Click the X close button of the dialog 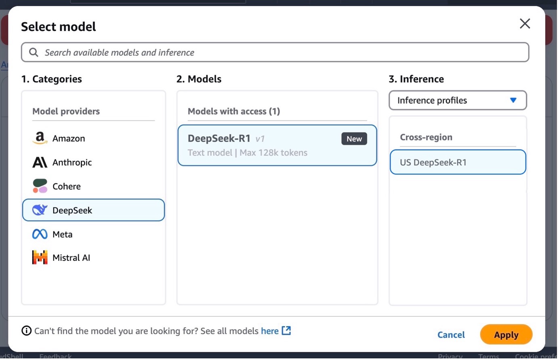[525, 24]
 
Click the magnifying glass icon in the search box [34, 52]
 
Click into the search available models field [275, 52]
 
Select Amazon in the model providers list [69, 138]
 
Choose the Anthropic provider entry [72, 162]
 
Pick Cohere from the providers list [67, 186]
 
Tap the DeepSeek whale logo [40, 210]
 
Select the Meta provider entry [63, 234]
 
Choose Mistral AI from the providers [71, 257]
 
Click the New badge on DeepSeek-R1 [354, 138]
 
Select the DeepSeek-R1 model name [219, 138]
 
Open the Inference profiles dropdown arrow [513, 100]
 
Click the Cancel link [451, 335]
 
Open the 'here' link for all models [270, 331]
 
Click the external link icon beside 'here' [286, 331]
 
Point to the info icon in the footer [26, 331]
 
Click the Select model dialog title [59, 26]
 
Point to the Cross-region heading [426, 137]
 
